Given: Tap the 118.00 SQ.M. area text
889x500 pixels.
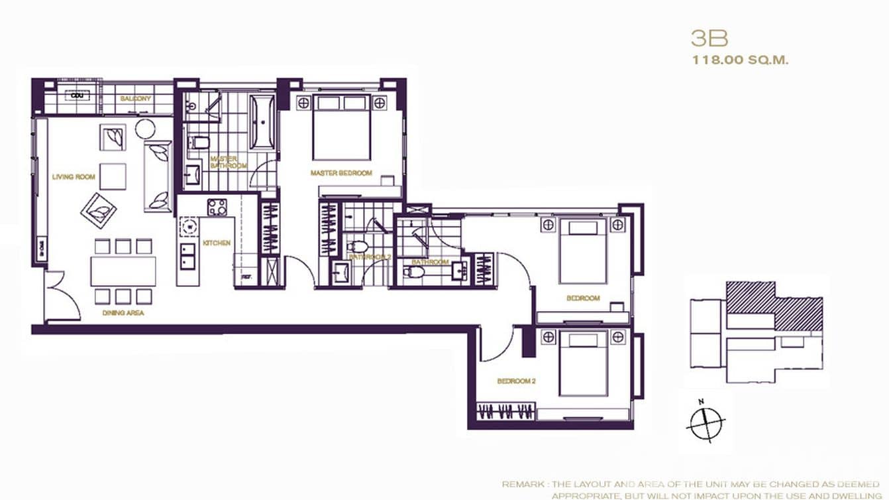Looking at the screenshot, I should tap(740, 60).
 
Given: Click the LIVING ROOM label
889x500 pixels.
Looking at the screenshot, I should tap(74, 177).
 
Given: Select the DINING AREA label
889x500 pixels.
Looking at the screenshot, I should tap(123, 312).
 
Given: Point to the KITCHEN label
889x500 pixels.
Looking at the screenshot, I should tap(217, 243).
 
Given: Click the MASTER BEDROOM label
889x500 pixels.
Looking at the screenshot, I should tap(341, 173).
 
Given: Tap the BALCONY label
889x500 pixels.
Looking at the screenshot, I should tap(136, 99).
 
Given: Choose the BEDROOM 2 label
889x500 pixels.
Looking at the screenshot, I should tap(515, 381).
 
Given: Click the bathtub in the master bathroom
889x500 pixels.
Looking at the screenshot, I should tap(262, 123).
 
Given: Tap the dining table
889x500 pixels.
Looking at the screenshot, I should tap(123, 271).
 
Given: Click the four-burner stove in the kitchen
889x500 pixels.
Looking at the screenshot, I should tap(217, 207).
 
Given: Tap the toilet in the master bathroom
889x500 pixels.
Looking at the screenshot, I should tap(199, 143).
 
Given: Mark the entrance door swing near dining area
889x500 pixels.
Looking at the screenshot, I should tap(63, 298).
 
